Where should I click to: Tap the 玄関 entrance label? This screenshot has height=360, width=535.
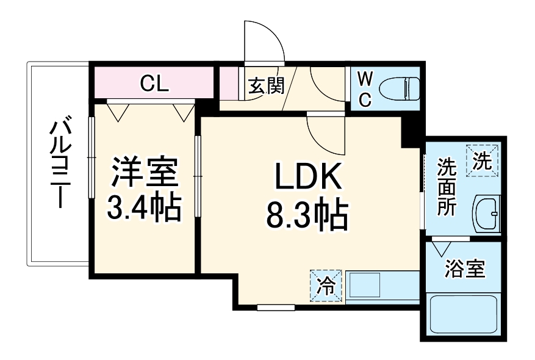coord(266,86)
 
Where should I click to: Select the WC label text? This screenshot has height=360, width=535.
coord(364,89)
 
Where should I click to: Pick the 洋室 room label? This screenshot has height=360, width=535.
coord(144,173)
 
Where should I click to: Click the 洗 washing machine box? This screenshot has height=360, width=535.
coord(483,160)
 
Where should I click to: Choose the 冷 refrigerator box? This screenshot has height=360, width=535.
coord(327,286)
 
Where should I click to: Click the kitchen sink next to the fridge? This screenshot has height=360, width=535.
coord(365,286)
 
